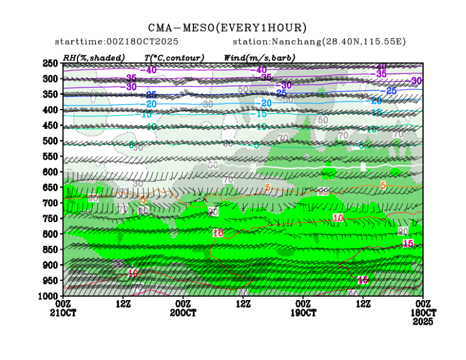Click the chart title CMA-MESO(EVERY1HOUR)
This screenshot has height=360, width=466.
coord(227,28)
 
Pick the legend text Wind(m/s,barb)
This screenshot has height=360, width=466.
coord(260,57)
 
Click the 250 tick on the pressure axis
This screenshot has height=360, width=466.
coord(50,63)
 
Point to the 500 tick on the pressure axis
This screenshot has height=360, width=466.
coord(50,141)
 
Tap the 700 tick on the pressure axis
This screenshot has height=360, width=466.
coord(50,203)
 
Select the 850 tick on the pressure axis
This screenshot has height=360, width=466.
coord(50,249)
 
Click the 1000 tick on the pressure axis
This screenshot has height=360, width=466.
coord(49,296)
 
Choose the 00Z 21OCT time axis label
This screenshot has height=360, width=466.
coord(63,308)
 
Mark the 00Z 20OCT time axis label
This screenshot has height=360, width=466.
coord(183,308)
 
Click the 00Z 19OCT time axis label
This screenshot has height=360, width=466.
coord(304,308)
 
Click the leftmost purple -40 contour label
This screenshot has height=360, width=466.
coord(149,70)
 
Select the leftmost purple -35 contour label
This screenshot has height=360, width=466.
coord(131,78)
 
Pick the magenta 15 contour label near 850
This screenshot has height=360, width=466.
coord(408,243)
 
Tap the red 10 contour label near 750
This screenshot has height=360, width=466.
coord(338,218)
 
